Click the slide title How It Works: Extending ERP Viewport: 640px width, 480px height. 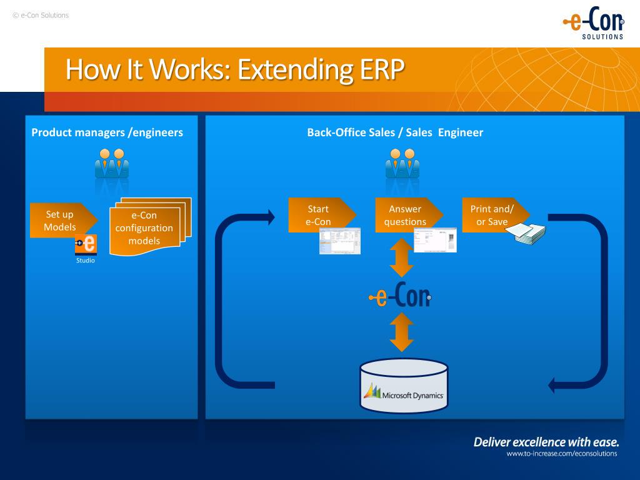[x=235, y=69]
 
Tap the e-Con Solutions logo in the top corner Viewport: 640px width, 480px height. [x=593, y=24]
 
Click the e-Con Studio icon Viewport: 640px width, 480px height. [x=86, y=244]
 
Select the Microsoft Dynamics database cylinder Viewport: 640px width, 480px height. [x=404, y=386]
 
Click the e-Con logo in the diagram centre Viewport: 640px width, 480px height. [x=399, y=296]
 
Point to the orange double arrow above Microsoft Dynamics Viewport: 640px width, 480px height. [x=402, y=332]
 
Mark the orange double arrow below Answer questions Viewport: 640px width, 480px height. [x=402, y=258]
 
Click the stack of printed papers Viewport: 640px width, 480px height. [x=526, y=234]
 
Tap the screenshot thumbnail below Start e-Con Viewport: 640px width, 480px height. [x=340, y=241]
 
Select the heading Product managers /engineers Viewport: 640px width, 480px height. [x=107, y=132]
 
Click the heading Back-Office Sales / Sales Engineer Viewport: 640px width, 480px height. [x=395, y=132]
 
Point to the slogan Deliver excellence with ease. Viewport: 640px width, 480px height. [x=546, y=442]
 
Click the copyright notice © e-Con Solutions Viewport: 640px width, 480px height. [x=41, y=15]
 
